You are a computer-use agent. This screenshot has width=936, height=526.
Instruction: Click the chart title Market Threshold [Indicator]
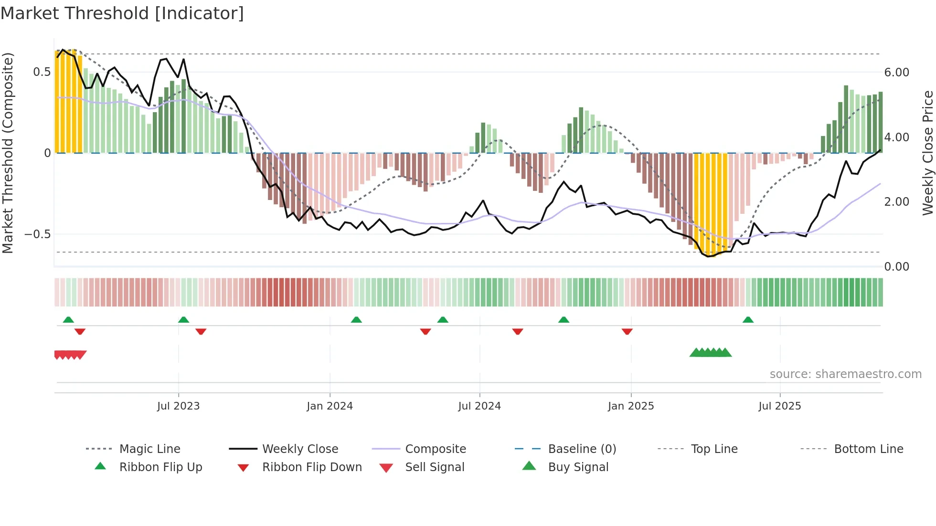tap(122, 13)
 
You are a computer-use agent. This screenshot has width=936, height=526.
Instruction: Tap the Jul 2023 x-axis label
tap(178, 406)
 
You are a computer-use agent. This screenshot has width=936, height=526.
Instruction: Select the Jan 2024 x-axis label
tap(330, 406)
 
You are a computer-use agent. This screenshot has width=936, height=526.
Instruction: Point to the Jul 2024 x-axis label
tap(479, 406)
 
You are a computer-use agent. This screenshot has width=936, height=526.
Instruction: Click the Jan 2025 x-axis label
tap(631, 406)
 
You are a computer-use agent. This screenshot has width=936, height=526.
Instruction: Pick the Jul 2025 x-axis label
tap(779, 406)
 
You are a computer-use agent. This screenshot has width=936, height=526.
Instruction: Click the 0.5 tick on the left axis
tap(42, 72)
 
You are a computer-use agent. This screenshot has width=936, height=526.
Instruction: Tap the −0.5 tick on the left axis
tap(38, 234)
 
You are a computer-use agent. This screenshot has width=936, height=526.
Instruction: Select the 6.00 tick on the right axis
tap(896, 73)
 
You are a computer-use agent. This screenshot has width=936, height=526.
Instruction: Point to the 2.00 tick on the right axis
tap(896, 202)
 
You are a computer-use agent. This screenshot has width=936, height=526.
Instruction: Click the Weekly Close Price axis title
tap(927, 153)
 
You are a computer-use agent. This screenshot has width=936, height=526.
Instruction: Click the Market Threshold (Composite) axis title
tap(8, 153)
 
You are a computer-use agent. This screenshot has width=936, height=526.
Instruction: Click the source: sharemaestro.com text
tap(845, 374)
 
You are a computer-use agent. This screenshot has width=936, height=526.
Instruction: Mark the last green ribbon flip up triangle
tap(748, 320)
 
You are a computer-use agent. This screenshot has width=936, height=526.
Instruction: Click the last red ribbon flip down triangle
tap(627, 331)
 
